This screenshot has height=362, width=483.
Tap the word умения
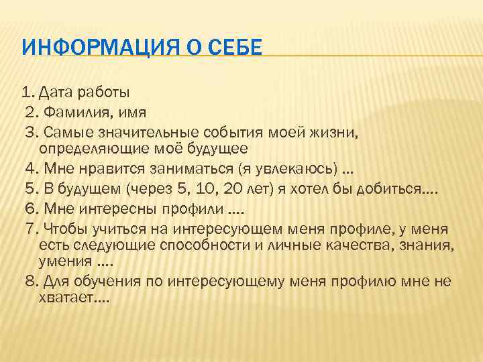pyautogui.click(x=64, y=261)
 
